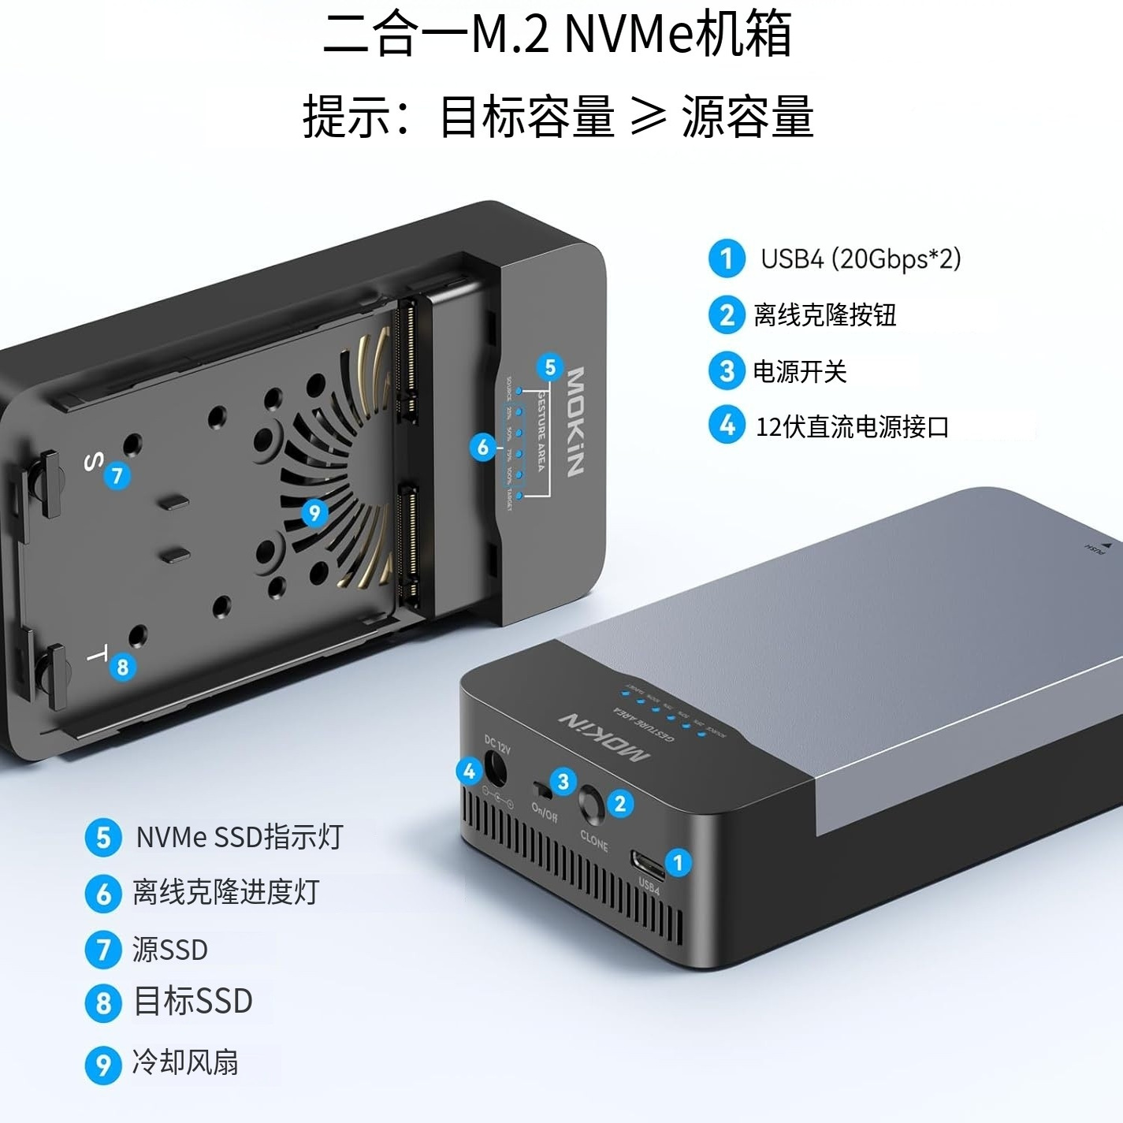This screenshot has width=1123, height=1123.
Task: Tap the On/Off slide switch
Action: tap(541, 788)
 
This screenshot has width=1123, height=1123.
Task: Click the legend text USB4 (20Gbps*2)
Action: tap(861, 258)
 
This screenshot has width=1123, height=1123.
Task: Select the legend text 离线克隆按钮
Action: tap(824, 315)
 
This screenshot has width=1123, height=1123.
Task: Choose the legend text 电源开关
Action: tap(799, 371)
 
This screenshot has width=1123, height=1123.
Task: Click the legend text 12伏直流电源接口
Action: tap(852, 427)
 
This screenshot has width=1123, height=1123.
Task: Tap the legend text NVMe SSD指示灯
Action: tap(239, 837)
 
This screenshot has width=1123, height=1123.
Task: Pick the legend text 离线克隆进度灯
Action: tap(225, 893)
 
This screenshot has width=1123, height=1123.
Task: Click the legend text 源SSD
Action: tap(169, 950)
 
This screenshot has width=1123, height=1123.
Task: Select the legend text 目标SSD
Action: tap(193, 1002)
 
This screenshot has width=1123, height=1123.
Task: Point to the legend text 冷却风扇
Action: tap(185, 1062)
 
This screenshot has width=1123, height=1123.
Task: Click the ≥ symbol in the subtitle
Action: tap(648, 117)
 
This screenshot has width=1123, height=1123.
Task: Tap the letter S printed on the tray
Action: tap(93, 462)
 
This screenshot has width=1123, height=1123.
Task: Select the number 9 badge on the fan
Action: tap(314, 513)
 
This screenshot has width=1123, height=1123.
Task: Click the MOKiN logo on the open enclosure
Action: tap(576, 422)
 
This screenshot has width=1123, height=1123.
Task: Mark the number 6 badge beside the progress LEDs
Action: tap(483, 448)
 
